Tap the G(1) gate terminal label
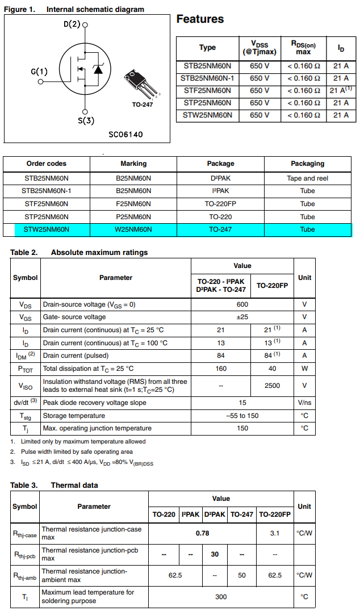point(39,72)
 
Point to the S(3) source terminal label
point(86,120)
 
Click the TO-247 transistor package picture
point(140,86)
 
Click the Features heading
point(200,19)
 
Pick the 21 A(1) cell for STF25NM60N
point(341,90)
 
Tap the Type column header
point(207,48)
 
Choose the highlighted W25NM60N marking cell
point(133,229)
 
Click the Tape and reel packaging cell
point(307,178)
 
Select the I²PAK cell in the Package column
point(220,191)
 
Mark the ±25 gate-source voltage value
point(242,317)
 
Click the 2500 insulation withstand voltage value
point(272,386)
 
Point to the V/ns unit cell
point(304,403)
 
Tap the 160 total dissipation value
point(221,369)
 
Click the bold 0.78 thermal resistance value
point(202,533)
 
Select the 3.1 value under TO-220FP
point(275,533)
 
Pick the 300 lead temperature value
point(221,597)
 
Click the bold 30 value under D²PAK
point(215,554)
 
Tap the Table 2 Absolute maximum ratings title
point(79,252)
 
